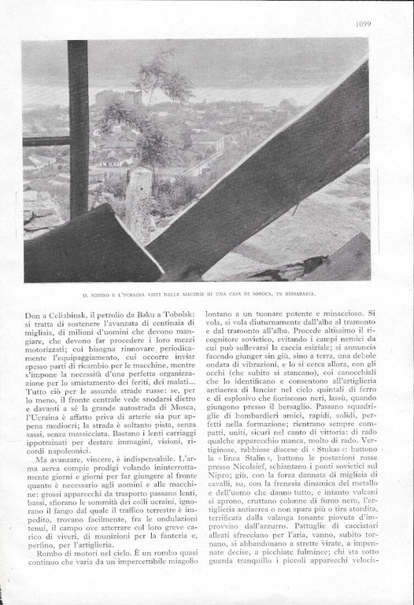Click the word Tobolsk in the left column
[179, 314]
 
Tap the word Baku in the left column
[145, 314]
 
